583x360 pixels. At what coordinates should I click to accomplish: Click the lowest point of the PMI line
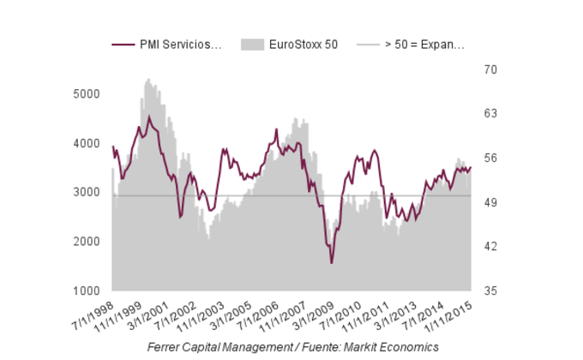coord(332,262)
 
